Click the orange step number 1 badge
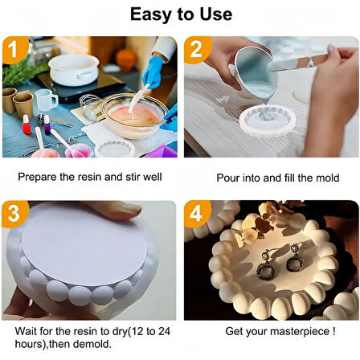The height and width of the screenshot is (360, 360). click(14, 50)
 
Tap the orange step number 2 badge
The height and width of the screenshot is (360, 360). click(197, 50)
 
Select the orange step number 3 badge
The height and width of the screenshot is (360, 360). click(14, 214)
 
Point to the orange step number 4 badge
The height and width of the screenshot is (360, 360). click(197, 214)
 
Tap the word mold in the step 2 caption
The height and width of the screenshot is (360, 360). click(328, 178)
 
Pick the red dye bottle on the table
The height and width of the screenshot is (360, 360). click(27, 125)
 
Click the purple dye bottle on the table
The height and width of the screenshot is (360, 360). click(47, 125)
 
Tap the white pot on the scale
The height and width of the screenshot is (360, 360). click(73, 70)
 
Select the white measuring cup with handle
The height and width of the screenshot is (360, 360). click(46, 100)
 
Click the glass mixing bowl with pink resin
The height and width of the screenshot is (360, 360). click(134, 116)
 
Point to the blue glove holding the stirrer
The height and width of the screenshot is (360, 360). click(153, 72)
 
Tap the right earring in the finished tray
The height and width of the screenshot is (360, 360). click(295, 258)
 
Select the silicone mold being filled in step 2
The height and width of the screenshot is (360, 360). click(267, 121)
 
